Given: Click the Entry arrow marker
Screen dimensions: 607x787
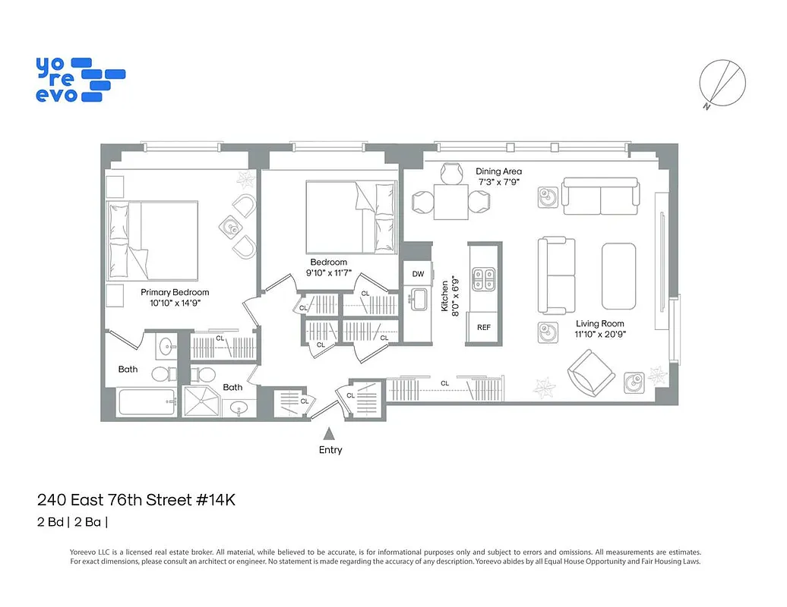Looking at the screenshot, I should (x=330, y=434).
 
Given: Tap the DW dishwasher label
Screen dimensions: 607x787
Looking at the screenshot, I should (x=418, y=274).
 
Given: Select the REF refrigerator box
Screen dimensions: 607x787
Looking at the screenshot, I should (x=484, y=327).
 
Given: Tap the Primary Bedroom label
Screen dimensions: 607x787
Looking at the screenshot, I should (x=175, y=292).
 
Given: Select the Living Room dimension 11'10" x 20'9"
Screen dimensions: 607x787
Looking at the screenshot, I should (x=599, y=335).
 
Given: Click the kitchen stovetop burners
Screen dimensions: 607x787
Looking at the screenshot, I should (x=483, y=279).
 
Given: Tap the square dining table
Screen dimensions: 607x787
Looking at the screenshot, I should (x=450, y=202).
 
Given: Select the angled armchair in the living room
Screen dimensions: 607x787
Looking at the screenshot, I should (x=591, y=373).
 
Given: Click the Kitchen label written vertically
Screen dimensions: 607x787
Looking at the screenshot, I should (x=446, y=296).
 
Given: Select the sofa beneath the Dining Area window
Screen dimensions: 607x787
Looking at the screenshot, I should (x=600, y=197).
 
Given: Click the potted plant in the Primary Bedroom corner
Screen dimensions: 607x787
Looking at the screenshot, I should (x=246, y=180).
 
